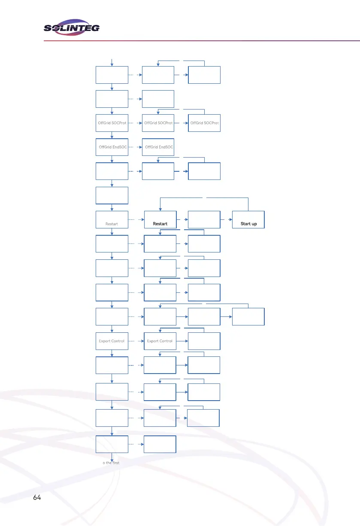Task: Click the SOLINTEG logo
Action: pos(72,27)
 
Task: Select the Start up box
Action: pos(248,219)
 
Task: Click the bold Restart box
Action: pos(160,219)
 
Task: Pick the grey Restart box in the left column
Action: pos(112,219)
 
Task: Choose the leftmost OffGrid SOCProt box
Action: pos(112,123)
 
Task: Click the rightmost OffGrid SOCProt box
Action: pos(204,123)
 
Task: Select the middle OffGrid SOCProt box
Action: pos(158,123)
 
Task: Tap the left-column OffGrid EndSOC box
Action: pos(112,147)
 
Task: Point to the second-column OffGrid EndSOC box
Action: pos(158,147)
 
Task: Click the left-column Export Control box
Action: pos(112,341)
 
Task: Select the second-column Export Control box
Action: pos(160,341)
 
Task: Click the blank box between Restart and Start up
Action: pos(204,219)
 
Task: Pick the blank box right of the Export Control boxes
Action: pos(204,341)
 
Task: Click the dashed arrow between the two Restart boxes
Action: pos(136,219)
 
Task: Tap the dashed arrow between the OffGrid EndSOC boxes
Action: pos(136,147)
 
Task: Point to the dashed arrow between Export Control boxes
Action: pos(136,341)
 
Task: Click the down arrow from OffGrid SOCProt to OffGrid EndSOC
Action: pos(112,135)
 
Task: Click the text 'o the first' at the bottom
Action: pos(111,463)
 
